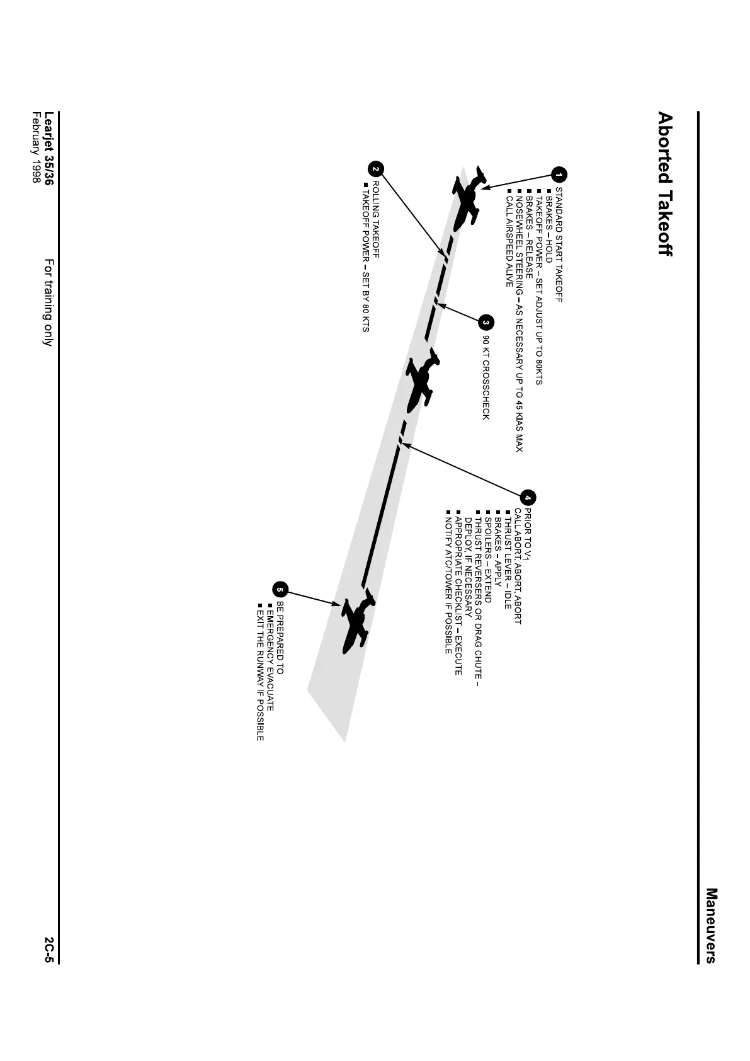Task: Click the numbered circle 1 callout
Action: click(x=559, y=175)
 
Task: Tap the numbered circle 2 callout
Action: click(x=375, y=168)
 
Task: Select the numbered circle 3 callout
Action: click(x=486, y=322)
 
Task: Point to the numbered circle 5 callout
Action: click(x=280, y=590)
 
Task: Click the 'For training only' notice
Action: click(x=48, y=302)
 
